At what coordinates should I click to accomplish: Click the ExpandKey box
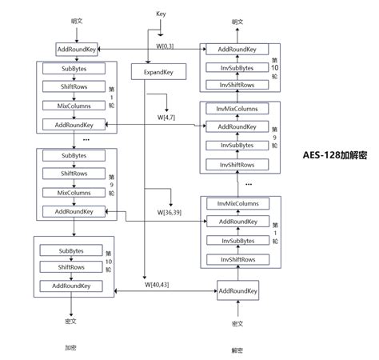click(165, 72)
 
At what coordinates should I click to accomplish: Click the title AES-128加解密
click(338, 155)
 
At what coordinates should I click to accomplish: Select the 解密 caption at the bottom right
click(237, 350)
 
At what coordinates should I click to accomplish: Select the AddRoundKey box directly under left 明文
click(77, 50)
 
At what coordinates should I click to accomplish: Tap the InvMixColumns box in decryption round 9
click(237, 108)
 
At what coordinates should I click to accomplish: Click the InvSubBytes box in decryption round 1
click(237, 240)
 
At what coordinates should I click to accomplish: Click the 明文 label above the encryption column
click(76, 21)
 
